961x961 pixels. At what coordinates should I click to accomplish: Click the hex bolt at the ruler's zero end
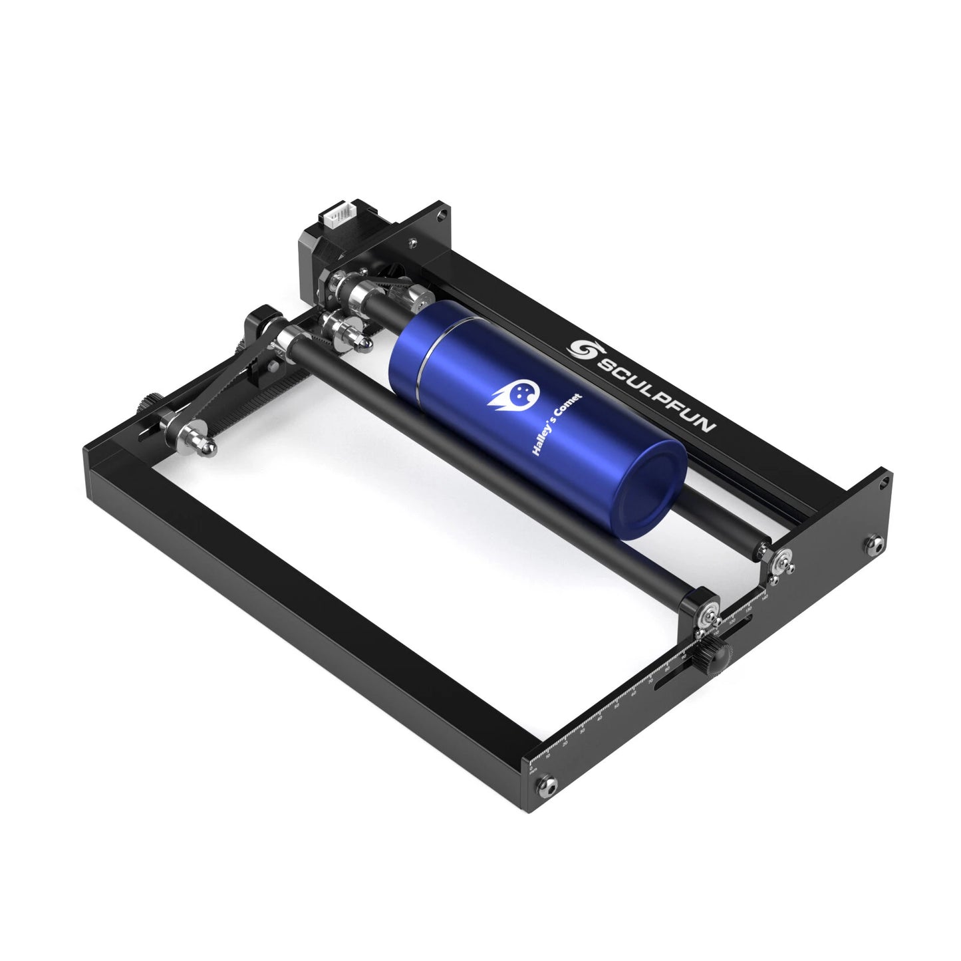click(x=546, y=787)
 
